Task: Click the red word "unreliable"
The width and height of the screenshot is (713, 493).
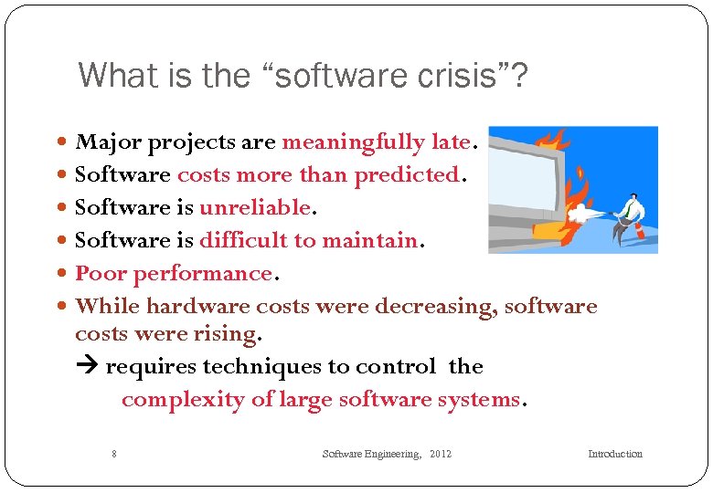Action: coord(255,207)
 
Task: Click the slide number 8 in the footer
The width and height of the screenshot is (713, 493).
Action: coord(113,454)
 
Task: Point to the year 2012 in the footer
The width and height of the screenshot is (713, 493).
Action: coord(440,454)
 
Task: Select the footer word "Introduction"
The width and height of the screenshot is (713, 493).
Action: coord(614,454)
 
